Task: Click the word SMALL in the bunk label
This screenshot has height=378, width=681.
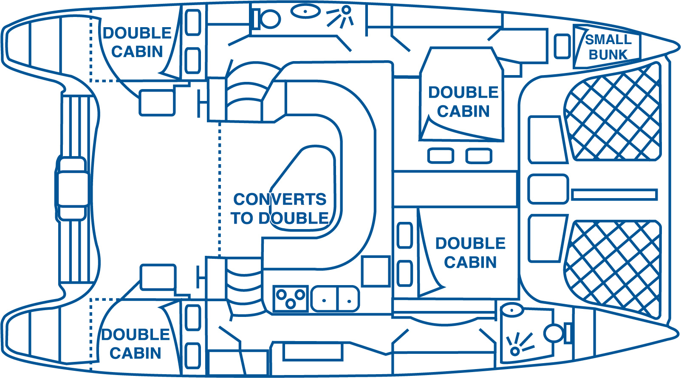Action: click(x=608, y=40)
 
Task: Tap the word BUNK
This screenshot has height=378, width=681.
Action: click(x=608, y=55)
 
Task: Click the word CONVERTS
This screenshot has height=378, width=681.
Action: click(x=280, y=199)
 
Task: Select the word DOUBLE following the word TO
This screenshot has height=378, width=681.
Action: click(x=294, y=218)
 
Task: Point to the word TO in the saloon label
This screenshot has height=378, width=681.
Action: click(x=242, y=218)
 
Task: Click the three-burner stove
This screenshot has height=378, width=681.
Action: click(x=290, y=299)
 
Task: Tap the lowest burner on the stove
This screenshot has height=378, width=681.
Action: click(x=291, y=304)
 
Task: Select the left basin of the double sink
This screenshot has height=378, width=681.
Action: click(x=324, y=299)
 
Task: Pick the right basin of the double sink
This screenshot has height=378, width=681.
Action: click(x=348, y=299)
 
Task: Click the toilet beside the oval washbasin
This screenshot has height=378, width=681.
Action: click(x=267, y=19)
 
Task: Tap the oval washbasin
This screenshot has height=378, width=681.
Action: click(x=305, y=11)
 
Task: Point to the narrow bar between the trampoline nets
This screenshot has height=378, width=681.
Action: click(x=614, y=195)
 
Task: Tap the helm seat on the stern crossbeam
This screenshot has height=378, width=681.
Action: click(x=72, y=189)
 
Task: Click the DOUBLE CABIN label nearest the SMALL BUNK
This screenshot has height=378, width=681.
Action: click(x=463, y=102)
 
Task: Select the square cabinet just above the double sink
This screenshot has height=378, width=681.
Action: click(x=376, y=271)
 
